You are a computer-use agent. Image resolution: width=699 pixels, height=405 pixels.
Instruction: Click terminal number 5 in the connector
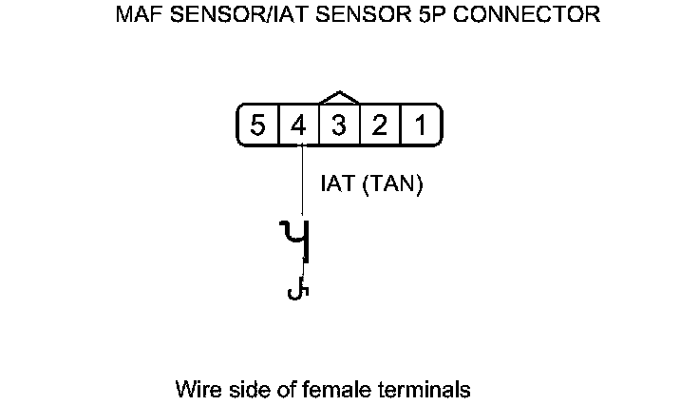257,125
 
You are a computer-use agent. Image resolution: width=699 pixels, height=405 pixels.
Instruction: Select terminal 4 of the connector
298,125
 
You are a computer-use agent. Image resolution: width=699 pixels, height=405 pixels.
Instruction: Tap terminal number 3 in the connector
339,125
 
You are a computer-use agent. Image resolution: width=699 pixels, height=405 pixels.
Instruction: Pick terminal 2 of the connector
379,125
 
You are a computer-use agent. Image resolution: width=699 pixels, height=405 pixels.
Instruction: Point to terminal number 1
419,125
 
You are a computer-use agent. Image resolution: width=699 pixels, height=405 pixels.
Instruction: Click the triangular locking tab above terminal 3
340,98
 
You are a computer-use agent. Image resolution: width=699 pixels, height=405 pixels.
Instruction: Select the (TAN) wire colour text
391,184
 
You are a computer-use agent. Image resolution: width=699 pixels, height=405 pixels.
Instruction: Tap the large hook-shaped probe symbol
296,241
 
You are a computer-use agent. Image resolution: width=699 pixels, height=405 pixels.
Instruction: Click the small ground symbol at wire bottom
298,289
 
